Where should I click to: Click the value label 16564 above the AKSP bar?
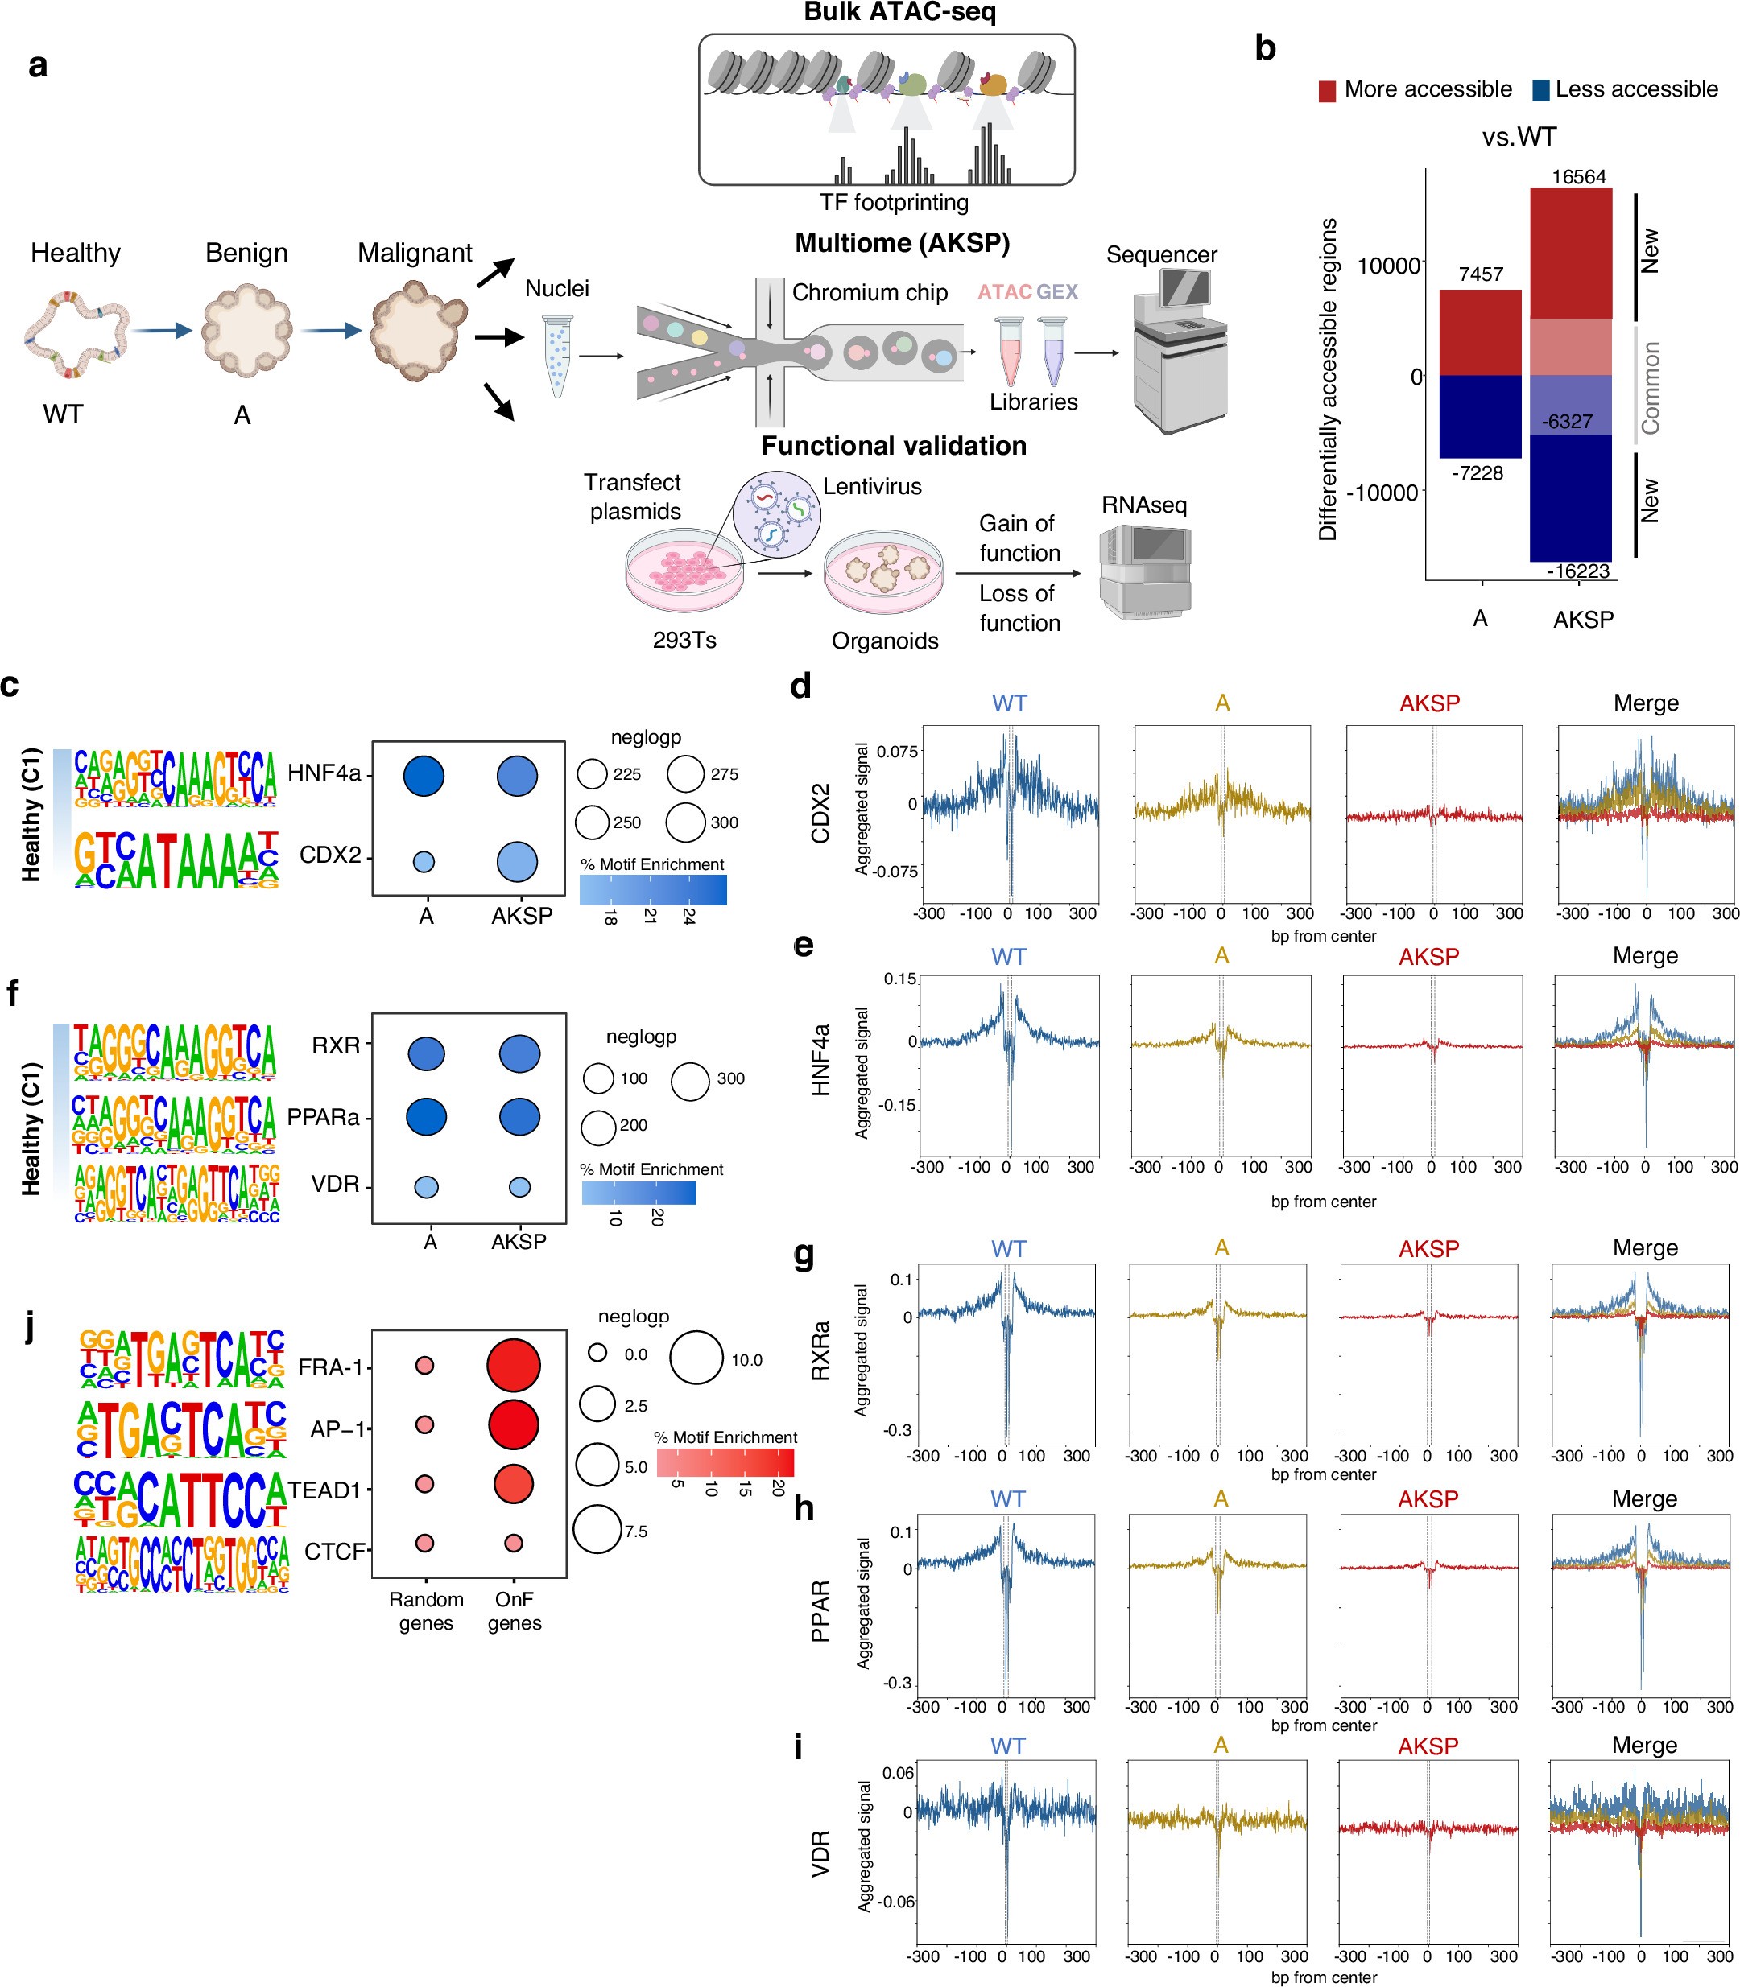pos(1578,177)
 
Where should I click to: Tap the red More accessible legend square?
pos(1327,91)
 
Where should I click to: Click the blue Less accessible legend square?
pos(1540,91)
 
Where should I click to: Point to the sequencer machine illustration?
pos(1180,349)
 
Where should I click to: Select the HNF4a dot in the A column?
pos(424,776)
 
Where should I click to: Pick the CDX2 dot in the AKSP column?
pos(517,861)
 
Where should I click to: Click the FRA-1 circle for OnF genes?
pos(513,1365)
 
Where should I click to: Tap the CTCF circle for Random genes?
pos(424,1543)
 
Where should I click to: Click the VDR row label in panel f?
pos(335,1185)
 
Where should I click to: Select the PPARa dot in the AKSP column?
pos(519,1116)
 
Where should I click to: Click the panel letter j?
pos(30,1326)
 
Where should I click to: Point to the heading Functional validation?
pos(893,446)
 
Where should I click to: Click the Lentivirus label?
pos(872,486)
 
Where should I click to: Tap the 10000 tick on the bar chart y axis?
pos(1387,266)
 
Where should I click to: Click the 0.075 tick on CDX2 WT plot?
pos(896,752)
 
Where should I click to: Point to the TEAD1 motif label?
pos(324,1490)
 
